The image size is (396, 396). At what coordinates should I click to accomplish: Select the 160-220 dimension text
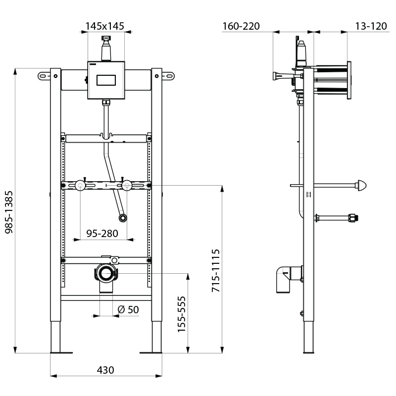[241, 26]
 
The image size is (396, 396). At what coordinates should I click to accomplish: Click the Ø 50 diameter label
[128, 310]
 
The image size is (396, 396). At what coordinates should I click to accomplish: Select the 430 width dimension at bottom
[105, 370]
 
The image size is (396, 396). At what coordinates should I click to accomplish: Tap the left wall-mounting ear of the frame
[44, 76]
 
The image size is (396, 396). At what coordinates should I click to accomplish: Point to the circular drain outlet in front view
[105, 273]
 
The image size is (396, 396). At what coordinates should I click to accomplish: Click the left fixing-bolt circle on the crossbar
[80, 186]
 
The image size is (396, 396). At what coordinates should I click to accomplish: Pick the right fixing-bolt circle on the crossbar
[127, 186]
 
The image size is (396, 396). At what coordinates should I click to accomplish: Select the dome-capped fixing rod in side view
[363, 186]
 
